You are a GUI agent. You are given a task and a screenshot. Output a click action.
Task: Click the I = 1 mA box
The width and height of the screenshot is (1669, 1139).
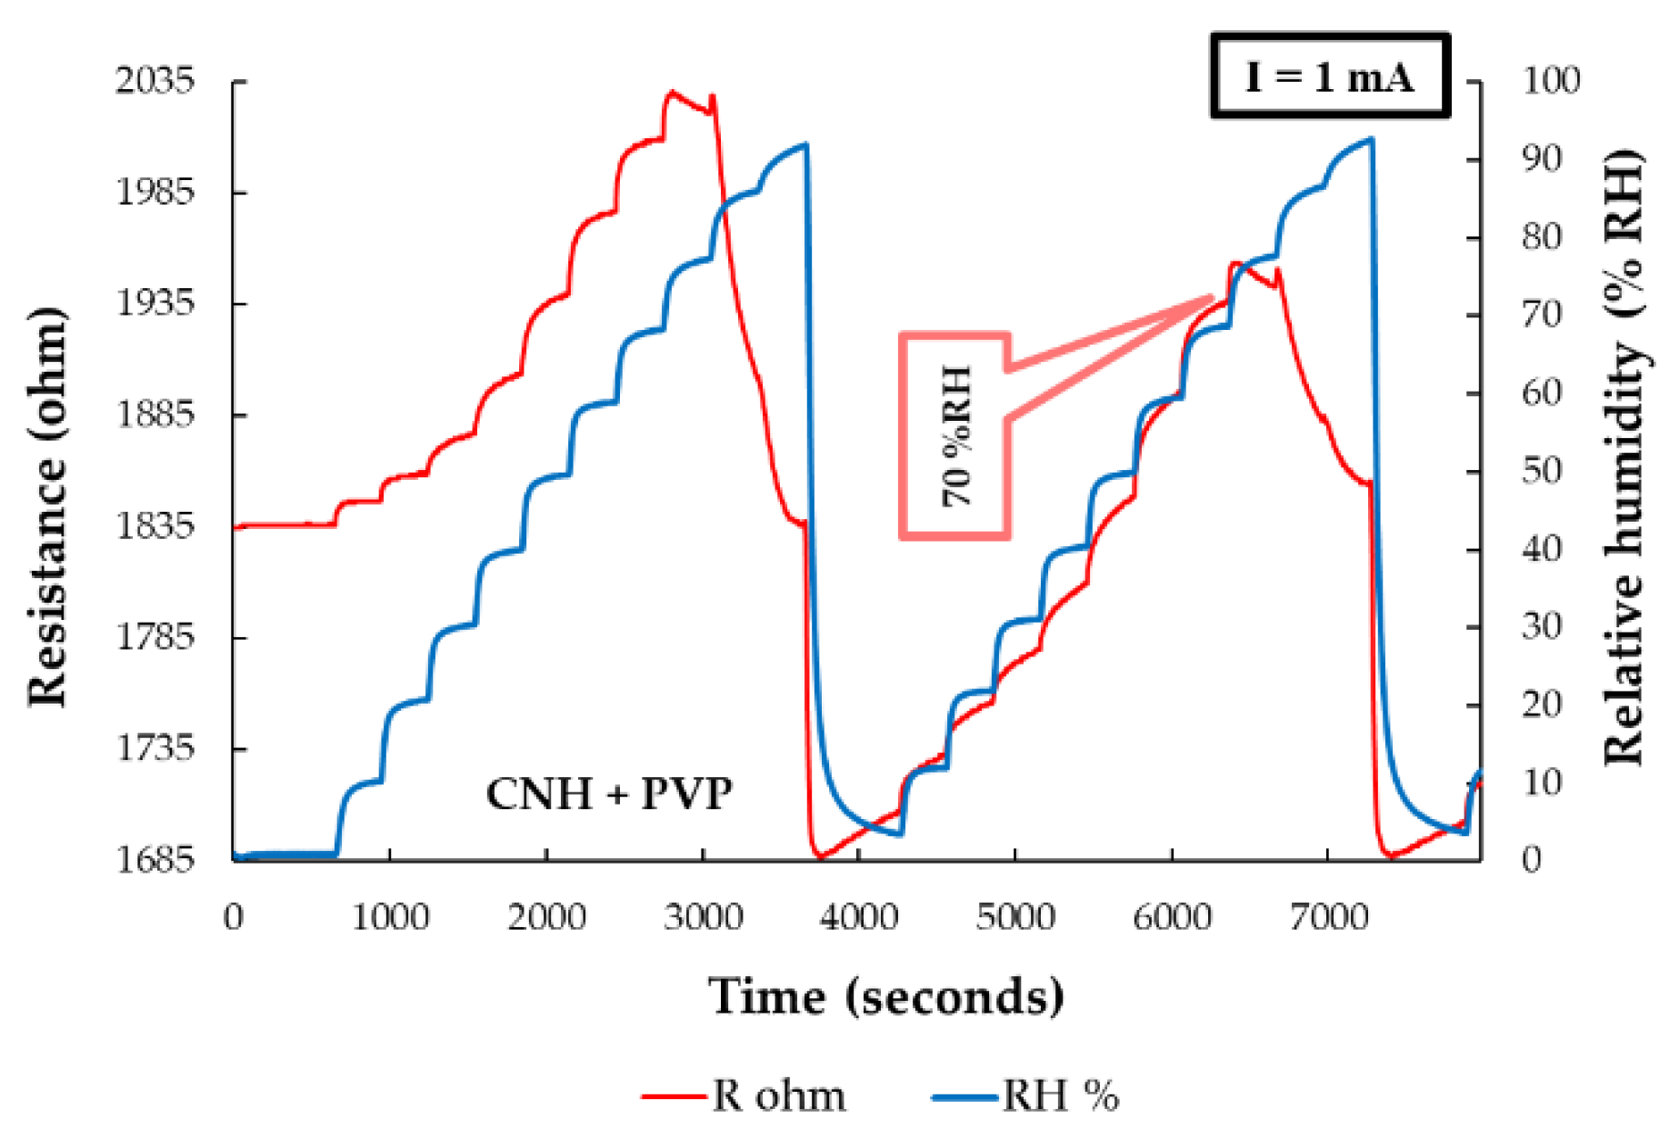tap(1329, 76)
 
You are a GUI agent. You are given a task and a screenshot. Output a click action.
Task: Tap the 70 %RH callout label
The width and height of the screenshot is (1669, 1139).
tap(955, 435)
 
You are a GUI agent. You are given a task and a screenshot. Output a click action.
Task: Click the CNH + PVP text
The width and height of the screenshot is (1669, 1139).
tap(608, 794)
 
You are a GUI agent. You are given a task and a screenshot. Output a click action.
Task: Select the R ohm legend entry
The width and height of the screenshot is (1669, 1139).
tap(744, 1095)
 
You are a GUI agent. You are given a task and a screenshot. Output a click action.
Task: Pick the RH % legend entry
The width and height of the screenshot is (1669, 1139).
tap(1026, 1095)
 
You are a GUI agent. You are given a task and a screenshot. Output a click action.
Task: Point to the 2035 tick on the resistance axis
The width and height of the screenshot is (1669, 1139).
tap(155, 81)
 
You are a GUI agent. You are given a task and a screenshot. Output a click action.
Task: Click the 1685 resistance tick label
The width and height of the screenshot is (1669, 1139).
tap(155, 858)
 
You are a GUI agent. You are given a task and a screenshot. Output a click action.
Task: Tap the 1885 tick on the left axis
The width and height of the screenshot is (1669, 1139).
tap(155, 415)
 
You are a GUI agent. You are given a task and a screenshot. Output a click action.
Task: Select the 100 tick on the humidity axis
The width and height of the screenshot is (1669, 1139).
tap(1551, 80)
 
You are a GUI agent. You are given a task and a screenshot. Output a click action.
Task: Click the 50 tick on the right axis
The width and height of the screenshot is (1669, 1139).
tap(1541, 470)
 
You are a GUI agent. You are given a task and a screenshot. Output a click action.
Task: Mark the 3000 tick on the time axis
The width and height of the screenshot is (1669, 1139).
tap(703, 917)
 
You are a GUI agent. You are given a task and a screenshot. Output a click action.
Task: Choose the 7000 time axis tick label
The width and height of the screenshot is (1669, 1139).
tap(1328, 917)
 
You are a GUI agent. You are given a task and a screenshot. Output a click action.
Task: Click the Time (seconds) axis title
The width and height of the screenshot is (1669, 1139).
tap(885, 996)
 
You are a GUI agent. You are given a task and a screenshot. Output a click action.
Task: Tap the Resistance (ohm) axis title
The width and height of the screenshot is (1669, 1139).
tap(47, 506)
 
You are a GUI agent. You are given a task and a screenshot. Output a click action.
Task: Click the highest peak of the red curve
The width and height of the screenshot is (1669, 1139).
tap(672, 91)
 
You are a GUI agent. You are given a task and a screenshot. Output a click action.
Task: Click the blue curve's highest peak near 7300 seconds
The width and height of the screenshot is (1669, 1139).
tap(1371, 139)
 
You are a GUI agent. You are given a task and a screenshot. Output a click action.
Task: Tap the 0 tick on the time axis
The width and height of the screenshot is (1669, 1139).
tap(234, 917)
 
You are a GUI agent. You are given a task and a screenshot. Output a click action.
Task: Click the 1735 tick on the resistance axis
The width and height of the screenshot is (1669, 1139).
tap(155, 747)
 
